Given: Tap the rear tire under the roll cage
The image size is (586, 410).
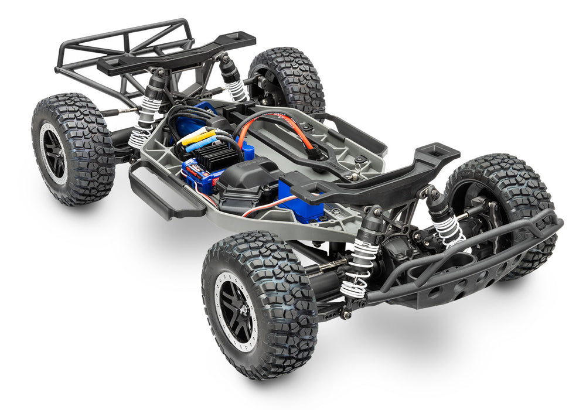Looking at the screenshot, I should tap(73, 149).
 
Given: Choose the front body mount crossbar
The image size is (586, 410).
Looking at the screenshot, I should tap(375, 176).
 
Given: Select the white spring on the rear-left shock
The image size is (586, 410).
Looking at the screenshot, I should tap(144, 123).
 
